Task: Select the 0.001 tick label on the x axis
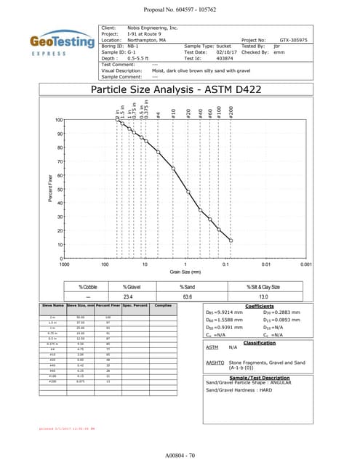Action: tap(306, 264)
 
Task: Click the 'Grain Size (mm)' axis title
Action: tap(185, 272)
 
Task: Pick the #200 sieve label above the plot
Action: tap(231, 113)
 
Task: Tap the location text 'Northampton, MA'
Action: tap(146, 40)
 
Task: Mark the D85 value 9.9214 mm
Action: tap(229, 312)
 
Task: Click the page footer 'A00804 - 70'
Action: tap(180, 454)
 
